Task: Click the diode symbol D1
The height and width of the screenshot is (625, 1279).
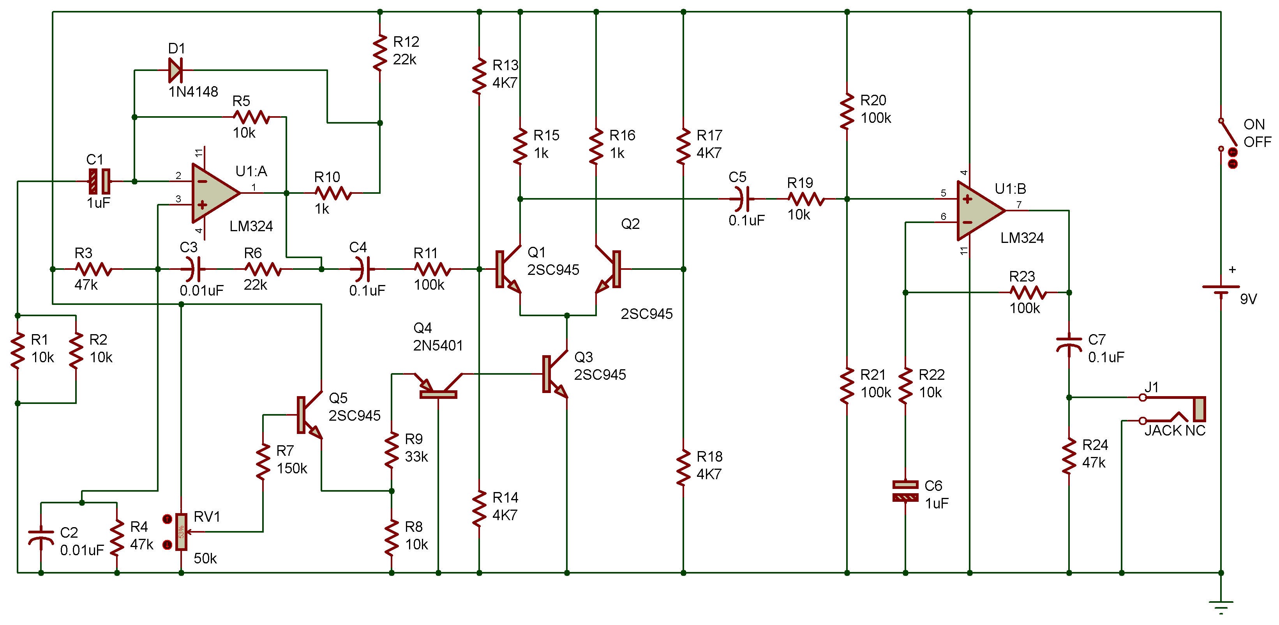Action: (175, 70)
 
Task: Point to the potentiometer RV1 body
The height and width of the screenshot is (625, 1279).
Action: (182, 531)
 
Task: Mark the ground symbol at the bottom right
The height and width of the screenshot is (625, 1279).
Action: (1221, 607)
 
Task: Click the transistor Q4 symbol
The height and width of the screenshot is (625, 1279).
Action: (438, 385)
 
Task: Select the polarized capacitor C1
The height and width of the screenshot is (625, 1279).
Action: (99, 181)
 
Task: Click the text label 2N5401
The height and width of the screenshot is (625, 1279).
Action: (438, 345)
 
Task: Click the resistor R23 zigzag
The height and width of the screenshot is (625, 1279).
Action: (1028, 293)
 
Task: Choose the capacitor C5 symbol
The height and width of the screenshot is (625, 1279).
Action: (741, 199)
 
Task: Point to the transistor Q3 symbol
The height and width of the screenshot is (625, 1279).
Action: (555, 374)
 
